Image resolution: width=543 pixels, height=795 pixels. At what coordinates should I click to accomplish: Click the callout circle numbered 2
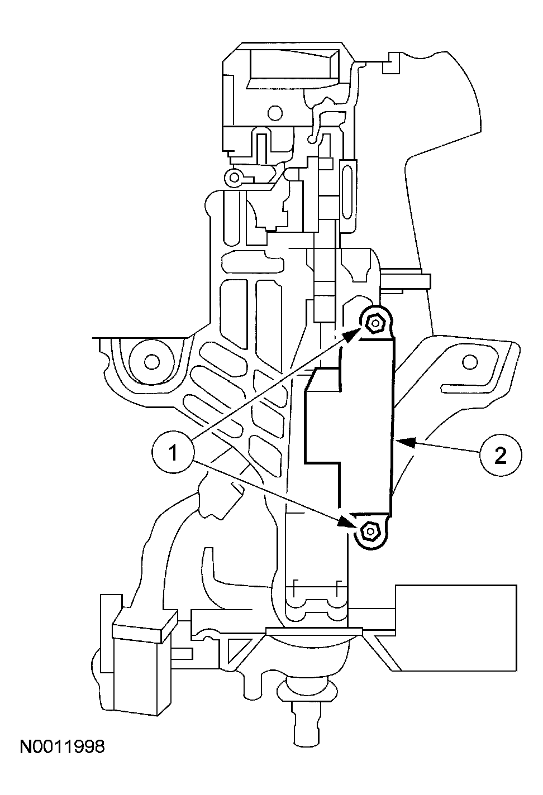pyautogui.click(x=500, y=456)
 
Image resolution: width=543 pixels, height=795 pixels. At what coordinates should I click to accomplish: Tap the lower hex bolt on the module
pyautogui.click(x=369, y=530)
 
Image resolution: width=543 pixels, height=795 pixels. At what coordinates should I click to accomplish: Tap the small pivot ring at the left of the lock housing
pyautogui.click(x=235, y=178)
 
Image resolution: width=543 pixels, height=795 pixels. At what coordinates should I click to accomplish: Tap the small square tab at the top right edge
pyautogui.click(x=391, y=62)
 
